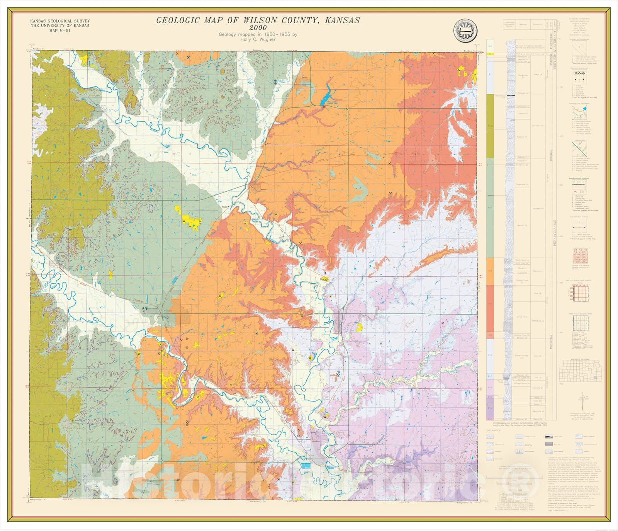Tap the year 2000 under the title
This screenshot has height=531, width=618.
258,28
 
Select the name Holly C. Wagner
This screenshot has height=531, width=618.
258,39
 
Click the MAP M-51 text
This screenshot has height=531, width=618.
60,31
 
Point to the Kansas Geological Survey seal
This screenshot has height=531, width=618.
465,31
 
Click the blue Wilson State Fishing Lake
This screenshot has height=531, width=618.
326,95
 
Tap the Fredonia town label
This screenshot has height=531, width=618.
167,311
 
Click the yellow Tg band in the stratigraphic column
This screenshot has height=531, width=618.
490,54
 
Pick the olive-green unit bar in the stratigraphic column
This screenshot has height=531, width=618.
490,126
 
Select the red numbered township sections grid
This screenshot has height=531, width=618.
580,256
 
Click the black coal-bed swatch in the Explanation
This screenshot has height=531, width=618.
549,437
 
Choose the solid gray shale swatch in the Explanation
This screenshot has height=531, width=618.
549,444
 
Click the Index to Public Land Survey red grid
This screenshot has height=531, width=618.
580,292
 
